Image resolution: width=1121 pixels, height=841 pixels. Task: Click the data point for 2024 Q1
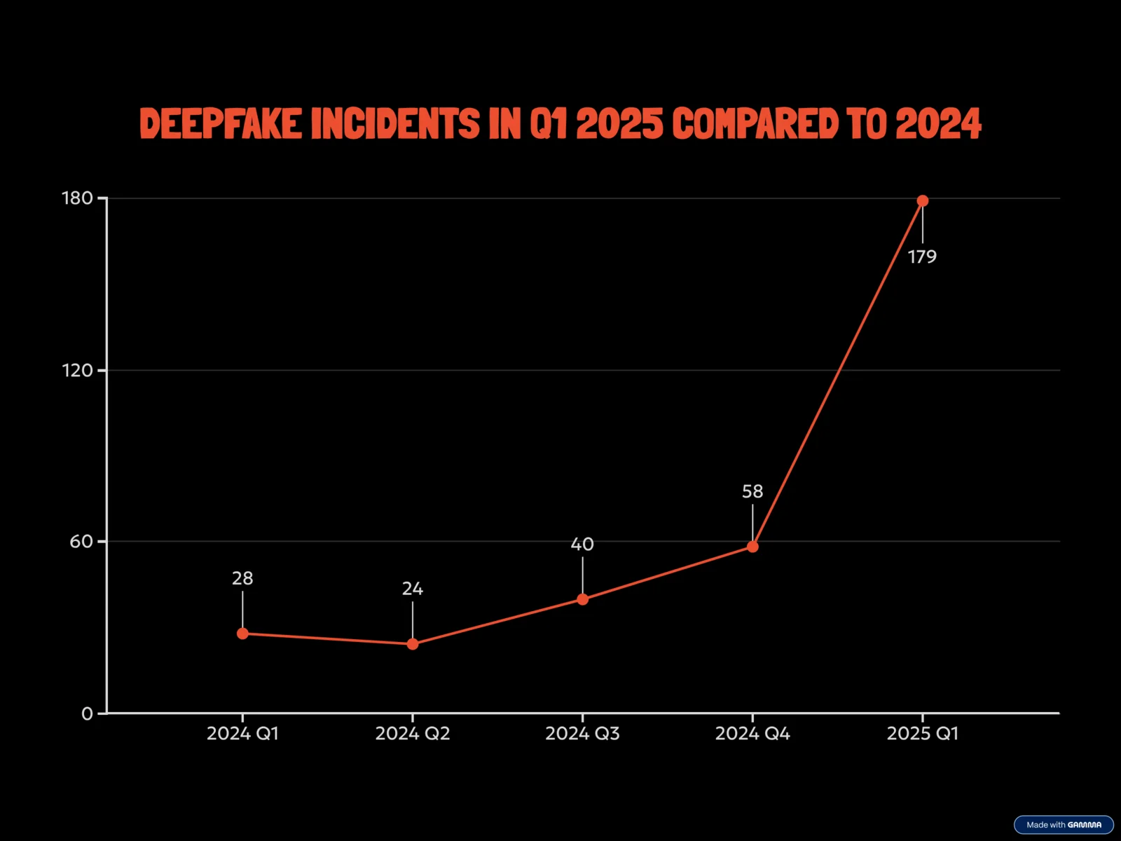coord(242,634)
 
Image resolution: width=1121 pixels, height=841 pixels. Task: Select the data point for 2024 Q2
coord(413,644)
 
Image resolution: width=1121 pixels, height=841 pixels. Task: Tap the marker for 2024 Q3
coord(582,599)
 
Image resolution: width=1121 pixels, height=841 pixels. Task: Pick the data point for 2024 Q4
coord(752,547)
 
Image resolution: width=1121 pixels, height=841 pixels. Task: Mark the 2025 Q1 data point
coord(923,201)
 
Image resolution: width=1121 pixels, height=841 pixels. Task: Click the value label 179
coord(922,257)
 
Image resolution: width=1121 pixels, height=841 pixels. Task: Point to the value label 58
coord(752,492)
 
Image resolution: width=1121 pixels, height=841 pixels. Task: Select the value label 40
coord(582,545)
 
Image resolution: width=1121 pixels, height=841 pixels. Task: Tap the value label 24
coord(413,589)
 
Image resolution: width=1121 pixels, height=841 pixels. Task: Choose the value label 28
coord(242,579)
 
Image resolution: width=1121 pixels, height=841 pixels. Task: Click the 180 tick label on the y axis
coord(77,198)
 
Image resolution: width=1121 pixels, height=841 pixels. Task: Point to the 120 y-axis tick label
coord(77,370)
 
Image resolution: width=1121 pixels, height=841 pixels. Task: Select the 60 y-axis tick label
coord(81,542)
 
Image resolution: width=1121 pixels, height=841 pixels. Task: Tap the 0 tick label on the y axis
coord(87,714)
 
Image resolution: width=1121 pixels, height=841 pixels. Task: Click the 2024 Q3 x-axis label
coord(582,734)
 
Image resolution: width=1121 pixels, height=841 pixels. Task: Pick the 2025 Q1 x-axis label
coord(922,734)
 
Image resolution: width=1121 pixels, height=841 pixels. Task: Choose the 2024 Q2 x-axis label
coord(413,734)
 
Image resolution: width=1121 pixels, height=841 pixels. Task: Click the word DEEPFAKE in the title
coord(221,124)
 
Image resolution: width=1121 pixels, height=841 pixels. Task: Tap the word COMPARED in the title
coord(755,124)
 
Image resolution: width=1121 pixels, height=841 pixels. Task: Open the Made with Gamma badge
coord(1064,825)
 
